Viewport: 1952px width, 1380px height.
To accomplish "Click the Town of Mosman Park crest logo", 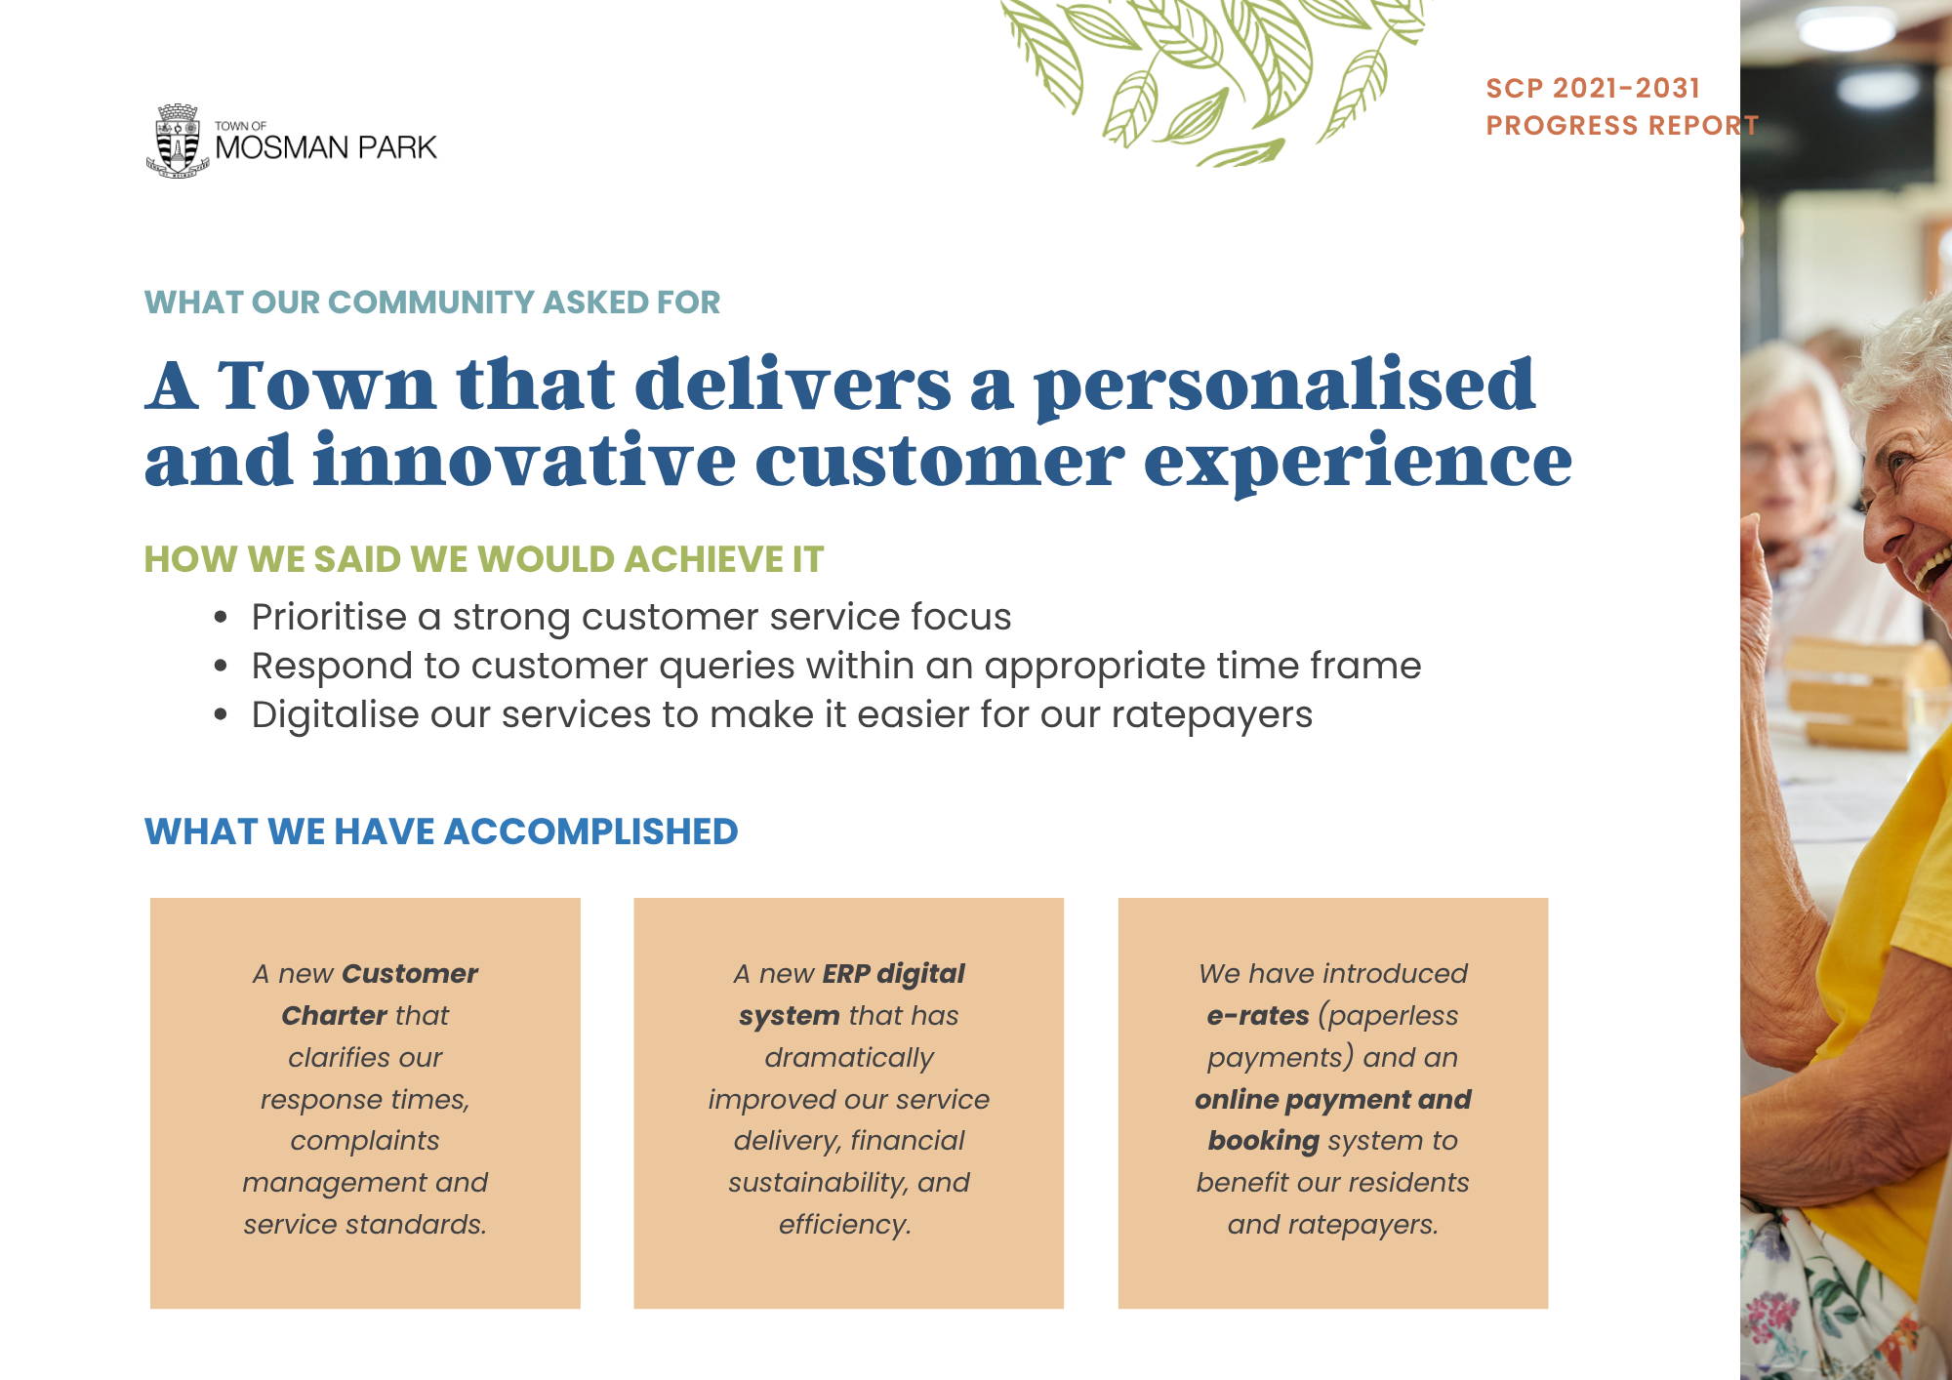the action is point(178,141).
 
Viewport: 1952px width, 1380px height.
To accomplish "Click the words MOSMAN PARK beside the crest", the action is point(326,147).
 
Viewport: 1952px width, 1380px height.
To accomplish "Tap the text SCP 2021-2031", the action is point(1593,88).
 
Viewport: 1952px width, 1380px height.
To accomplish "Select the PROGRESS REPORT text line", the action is point(1621,126).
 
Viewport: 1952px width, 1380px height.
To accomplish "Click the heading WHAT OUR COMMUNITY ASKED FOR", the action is point(432,303).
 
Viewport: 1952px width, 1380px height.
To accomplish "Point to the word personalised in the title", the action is point(1284,386).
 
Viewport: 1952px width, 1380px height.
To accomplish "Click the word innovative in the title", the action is point(524,460).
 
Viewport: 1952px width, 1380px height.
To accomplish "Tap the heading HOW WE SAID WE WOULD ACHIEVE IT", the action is point(484,559).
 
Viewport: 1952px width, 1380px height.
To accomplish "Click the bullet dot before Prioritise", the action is point(222,618).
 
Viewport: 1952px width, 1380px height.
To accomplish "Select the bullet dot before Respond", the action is point(222,667).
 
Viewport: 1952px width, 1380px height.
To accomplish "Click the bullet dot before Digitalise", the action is point(222,715).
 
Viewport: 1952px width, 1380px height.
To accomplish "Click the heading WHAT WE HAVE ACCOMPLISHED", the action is point(441,832).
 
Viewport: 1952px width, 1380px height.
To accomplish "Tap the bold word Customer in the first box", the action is point(410,973).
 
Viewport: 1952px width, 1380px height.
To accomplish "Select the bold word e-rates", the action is point(1258,1016).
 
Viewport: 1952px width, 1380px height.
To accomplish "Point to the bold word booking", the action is point(1263,1141).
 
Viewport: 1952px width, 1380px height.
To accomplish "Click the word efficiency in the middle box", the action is point(844,1225).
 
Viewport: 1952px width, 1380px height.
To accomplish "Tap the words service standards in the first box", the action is point(365,1224).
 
